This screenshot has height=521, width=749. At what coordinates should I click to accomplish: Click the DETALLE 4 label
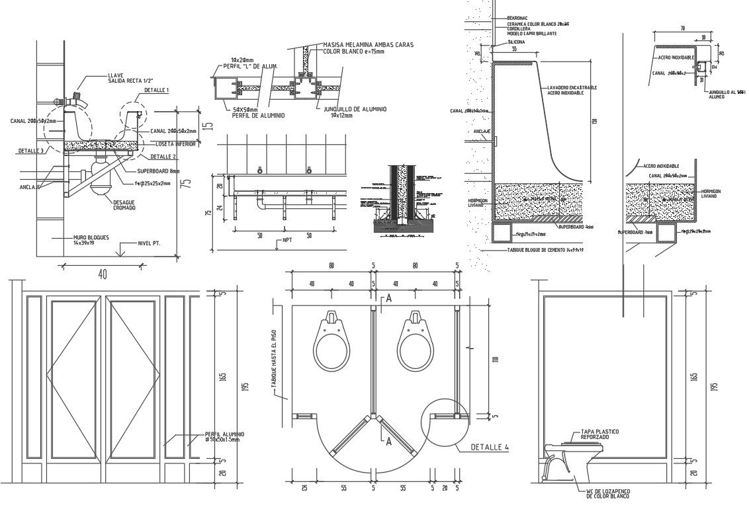point(490,448)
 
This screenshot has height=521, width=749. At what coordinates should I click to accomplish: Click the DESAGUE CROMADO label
point(124,205)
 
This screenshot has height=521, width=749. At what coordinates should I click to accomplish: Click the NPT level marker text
point(287,240)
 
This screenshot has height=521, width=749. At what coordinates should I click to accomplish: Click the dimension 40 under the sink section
point(102,273)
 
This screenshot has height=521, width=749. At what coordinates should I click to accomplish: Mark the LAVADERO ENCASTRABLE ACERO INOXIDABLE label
point(572,91)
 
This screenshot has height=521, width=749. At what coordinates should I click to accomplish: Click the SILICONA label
point(516,42)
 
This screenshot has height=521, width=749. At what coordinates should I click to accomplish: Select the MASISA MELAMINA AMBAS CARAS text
point(368,44)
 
